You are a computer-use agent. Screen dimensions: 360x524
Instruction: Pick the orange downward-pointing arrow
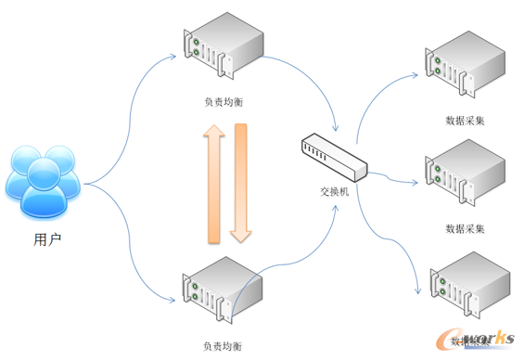coord(241,182)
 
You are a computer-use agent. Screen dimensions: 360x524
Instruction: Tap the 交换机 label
coord(333,191)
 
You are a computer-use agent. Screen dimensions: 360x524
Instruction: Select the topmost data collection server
coord(465,65)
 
